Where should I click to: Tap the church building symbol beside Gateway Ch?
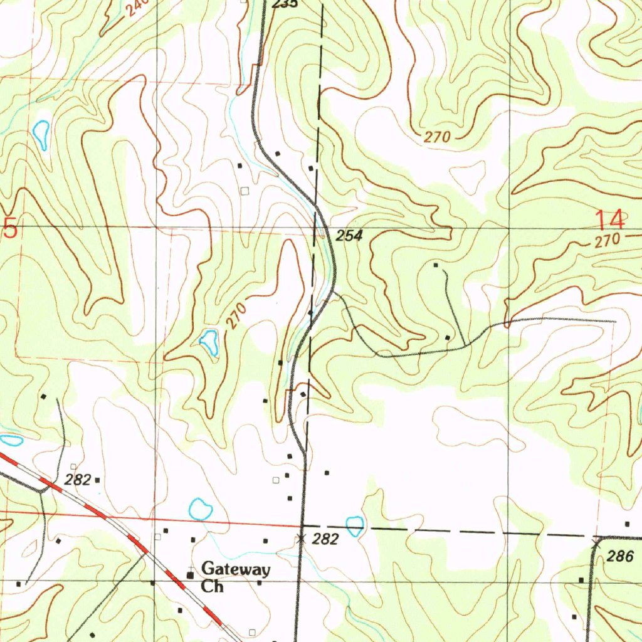(190, 574)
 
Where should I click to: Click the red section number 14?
(609, 221)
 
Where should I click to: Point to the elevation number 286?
(624, 556)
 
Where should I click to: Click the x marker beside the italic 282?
(302, 538)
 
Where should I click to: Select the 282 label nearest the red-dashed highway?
(78, 480)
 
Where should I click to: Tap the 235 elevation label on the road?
(283, 4)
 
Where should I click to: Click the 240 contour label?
(137, 8)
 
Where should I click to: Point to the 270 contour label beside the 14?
(608, 240)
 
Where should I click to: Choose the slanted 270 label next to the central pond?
(236, 315)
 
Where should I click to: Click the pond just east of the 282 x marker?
(354, 525)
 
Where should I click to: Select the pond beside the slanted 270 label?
(209, 342)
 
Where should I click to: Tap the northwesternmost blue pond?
(41, 134)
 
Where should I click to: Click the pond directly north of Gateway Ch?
(201, 508)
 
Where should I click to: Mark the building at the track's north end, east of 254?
(436, 266)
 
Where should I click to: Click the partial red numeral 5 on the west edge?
(9, 228)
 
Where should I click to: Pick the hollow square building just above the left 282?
(73, 466)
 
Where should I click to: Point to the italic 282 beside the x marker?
(325, 539)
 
